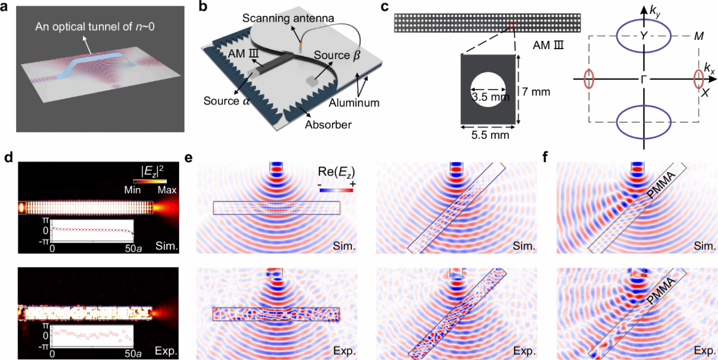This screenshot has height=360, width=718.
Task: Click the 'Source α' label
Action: click(x=223, y=101)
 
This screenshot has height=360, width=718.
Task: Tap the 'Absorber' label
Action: click(x=328, y=125)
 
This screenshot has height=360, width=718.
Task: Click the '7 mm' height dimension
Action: click(x=535, y=91)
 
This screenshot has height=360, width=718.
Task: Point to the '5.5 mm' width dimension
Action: click(x=485, y=134)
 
